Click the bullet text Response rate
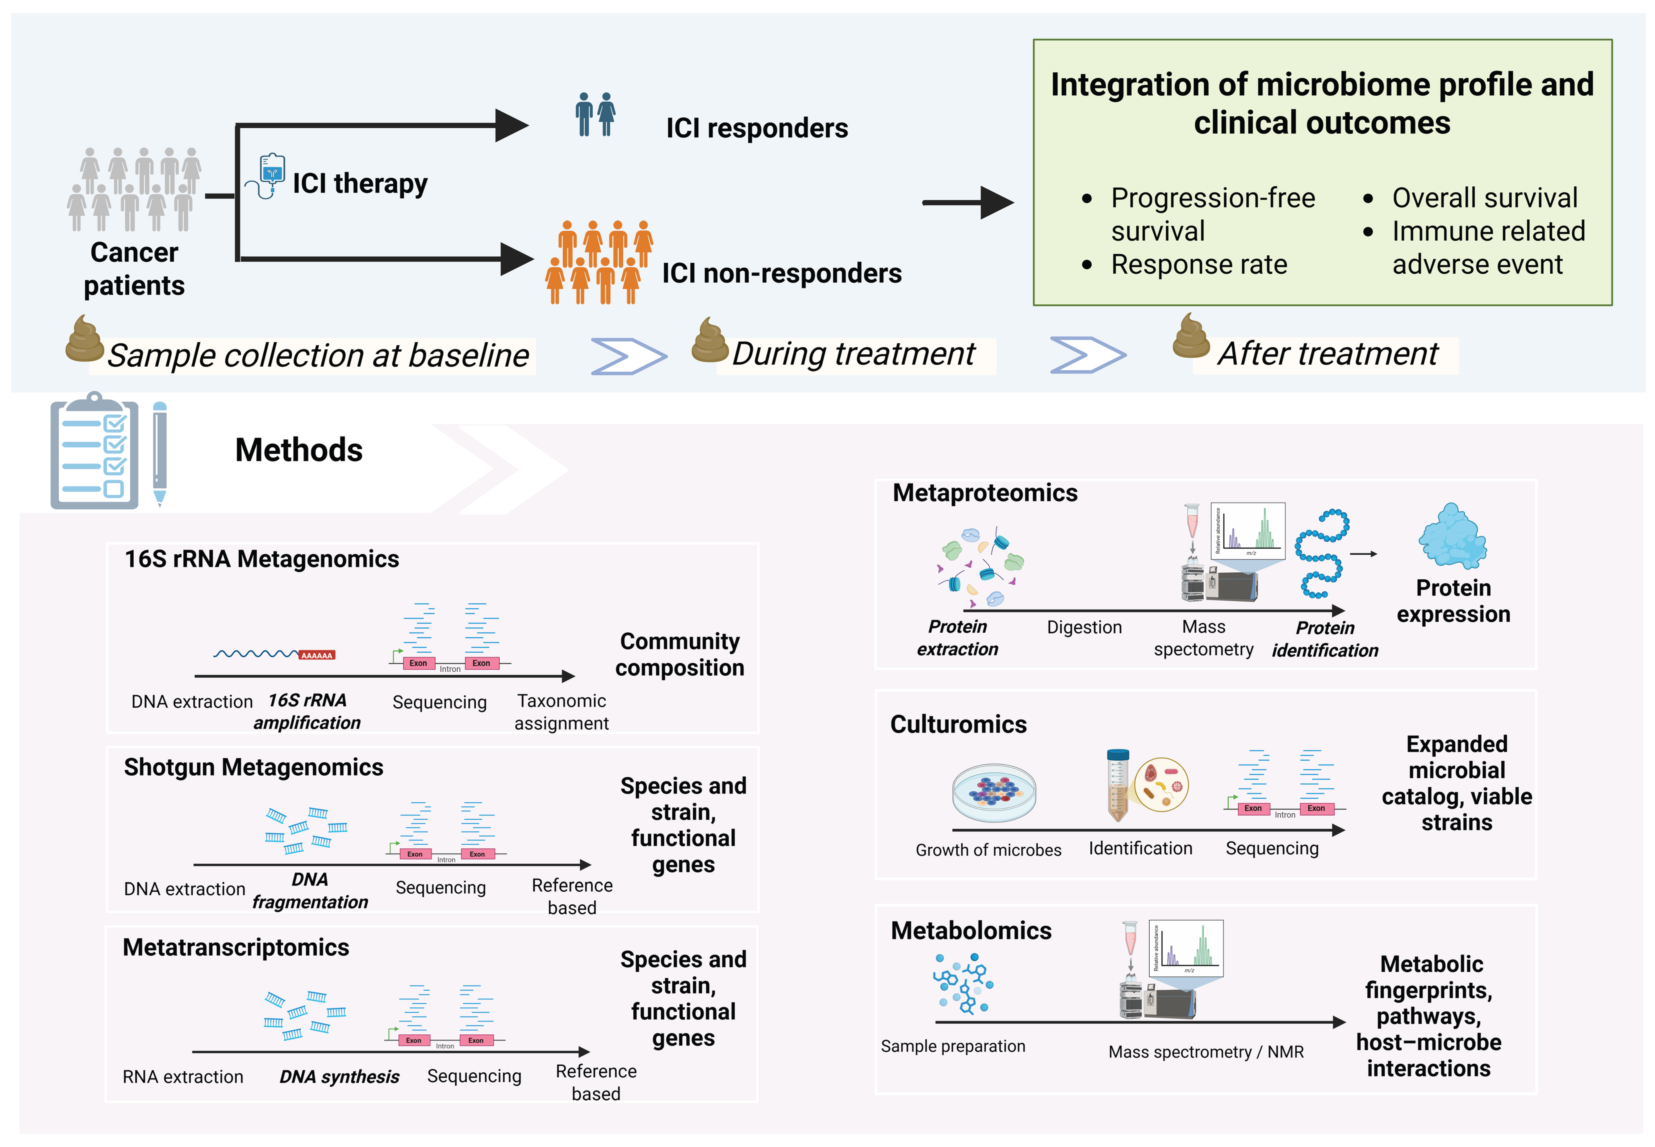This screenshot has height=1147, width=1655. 1198,265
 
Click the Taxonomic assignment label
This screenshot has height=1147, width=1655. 562,711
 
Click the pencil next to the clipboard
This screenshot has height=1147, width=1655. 160,453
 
